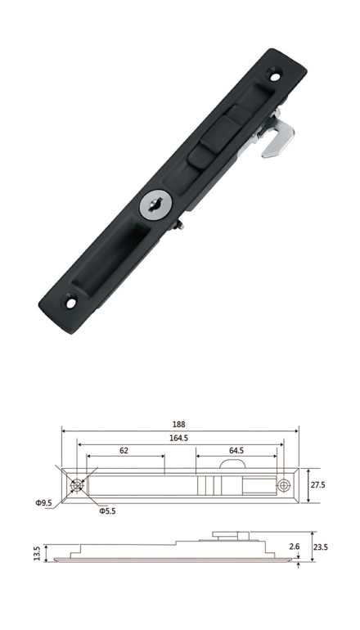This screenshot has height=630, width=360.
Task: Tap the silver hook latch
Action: click(277, 136)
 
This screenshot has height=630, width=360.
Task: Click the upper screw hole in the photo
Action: click(275, 74)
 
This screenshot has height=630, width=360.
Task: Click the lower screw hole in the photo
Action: click(70, 302)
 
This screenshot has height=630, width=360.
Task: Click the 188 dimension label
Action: click(178, 425)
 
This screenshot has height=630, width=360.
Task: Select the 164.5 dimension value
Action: click(178, 439)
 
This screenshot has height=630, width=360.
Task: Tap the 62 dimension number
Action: click(124, 451)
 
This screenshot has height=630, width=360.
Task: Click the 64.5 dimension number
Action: click(236, 451)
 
